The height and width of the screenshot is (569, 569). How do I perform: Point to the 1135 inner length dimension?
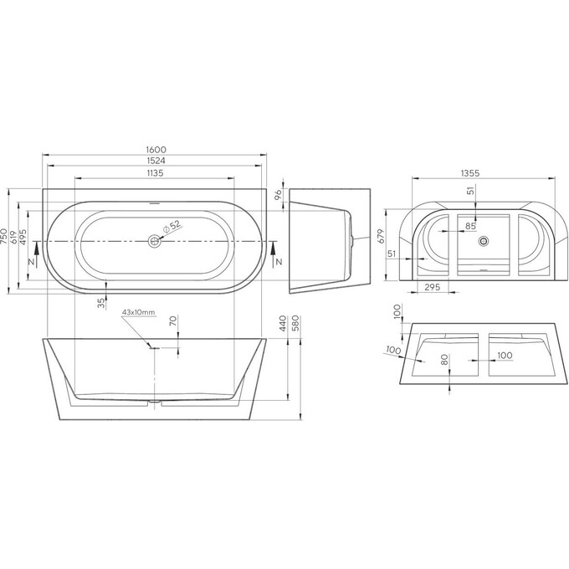(151, 173)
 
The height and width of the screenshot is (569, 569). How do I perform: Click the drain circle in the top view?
(153, 242)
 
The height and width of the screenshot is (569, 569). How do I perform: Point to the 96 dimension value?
(277, 194)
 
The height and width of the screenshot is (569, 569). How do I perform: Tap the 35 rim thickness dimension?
(102, 302)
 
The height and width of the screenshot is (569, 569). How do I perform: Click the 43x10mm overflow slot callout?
(138, 312)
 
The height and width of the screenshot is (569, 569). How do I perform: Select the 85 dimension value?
(470, 225)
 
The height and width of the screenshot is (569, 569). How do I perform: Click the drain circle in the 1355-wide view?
(483, 242)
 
